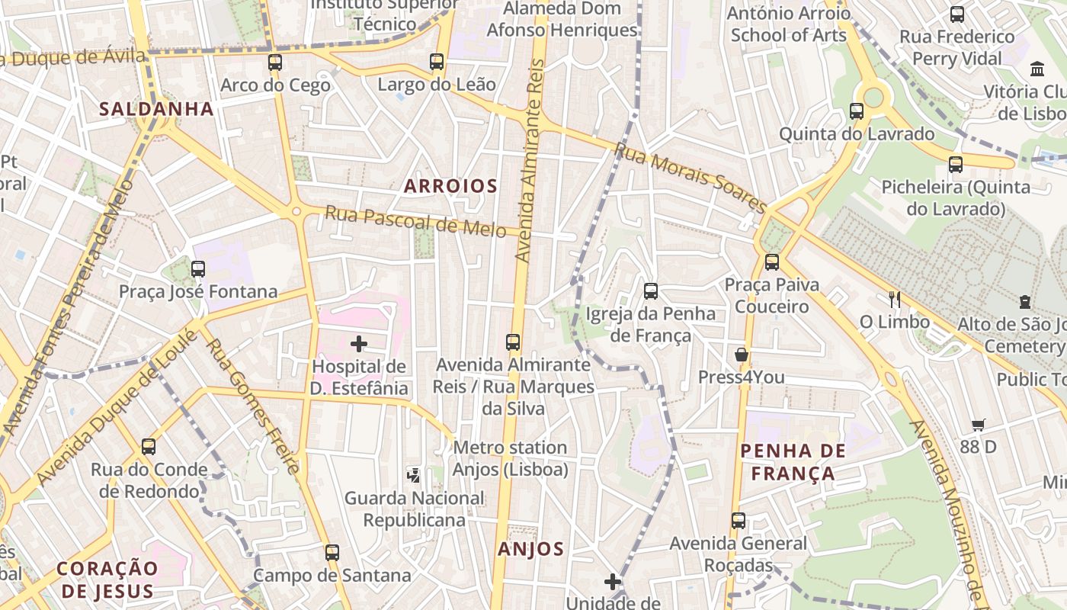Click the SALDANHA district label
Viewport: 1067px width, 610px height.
coord(156,108)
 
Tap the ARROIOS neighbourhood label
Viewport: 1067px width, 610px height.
coord(450,185)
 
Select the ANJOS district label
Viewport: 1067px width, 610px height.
coord(531,548)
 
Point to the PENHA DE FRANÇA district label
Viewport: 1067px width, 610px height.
coord(793,461)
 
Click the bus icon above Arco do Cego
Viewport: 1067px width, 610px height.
coord(275,63)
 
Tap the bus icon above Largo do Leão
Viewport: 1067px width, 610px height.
coord(437,62)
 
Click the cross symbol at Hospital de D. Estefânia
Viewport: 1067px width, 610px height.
coord(358,344)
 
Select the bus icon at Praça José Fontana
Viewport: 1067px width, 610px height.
coord(198,268)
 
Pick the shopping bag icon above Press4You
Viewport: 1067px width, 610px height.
coord(741,355)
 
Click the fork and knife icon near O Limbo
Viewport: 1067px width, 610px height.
coord(895,300)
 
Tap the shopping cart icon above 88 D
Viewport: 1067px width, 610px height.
coord(979,425)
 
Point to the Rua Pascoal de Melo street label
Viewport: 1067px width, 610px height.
coord(415,221)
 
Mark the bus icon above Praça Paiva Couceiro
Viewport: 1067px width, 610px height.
coord(772,262)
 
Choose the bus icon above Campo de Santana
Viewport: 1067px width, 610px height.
coord(332,552)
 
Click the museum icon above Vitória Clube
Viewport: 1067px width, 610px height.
coord(1037,69)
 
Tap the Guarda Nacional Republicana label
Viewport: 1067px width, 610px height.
coord(414,509)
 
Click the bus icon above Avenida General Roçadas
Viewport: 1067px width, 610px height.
coord(739,521)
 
